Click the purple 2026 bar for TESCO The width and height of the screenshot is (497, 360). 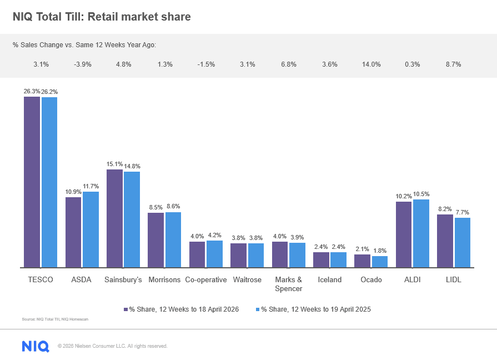click(32, 182)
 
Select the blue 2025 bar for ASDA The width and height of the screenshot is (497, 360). click(91, 229)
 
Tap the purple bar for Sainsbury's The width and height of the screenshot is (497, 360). click(114, 218)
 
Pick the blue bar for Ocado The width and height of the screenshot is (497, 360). click(380, 262)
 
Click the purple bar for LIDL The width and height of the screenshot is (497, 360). click(445, 241)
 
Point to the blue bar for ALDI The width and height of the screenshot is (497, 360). click(421, 233)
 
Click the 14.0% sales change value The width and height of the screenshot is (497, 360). click(371, 64)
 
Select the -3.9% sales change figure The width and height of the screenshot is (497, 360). click(82, 64)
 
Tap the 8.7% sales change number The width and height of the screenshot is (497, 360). click(453, 64)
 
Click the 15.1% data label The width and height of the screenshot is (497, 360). click(114, 164)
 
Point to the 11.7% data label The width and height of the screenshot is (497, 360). click(91, 186)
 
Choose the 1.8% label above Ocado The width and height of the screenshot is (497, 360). click(380, 251)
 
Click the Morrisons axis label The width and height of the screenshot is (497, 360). click(164, 280)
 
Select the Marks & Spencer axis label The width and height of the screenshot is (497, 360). click(288, 284)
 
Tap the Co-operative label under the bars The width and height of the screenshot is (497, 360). click(206, 280)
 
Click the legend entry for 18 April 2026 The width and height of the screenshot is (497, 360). click(181, 309)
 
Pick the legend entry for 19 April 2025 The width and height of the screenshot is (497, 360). click(314, 309)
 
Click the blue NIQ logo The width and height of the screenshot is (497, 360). click(36, 346)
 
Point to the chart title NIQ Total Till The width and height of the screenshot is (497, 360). click(102, 17)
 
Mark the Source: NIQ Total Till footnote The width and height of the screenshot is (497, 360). click(55, 319)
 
